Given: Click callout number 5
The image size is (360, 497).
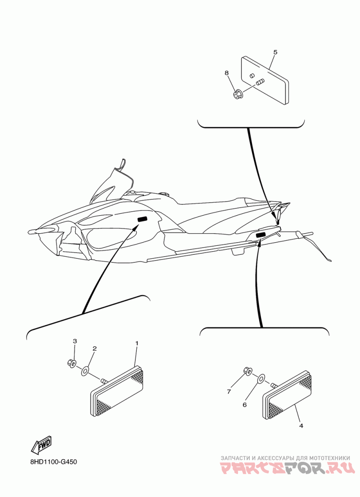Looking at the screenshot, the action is tap(275, 52).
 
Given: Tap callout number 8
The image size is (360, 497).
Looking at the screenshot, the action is tap(227, 73).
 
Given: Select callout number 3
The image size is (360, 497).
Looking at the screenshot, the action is tap(75, 341).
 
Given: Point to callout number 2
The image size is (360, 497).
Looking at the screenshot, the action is tap(94, 348).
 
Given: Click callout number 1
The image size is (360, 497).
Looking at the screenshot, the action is tap(137, 343).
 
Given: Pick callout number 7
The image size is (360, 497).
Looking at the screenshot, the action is tap(229, 392).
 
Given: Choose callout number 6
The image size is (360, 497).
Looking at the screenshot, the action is tap(245, 405).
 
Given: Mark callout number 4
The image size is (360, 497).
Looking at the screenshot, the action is tap(301, 426).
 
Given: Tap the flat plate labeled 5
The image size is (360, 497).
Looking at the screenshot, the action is tap(265, 80).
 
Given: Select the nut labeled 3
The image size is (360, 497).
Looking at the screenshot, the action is tap(71, 364).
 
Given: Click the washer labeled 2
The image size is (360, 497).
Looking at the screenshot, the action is tap(85, 370).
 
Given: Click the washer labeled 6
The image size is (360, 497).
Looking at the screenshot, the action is tap(261, 378).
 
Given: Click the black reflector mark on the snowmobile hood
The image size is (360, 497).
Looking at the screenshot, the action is tap(142, 219).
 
